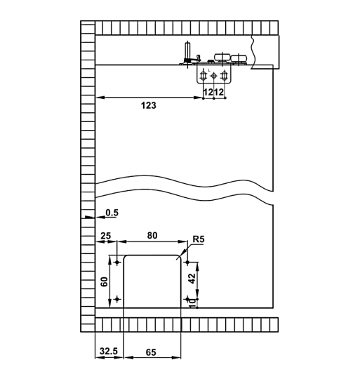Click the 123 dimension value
point(147,105)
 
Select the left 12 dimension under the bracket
point(208,92)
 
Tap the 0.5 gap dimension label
point(112,212)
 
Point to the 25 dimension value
point(106,237)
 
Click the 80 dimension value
point(151,237)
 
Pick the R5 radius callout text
point(198,240)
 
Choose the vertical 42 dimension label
point(192,277)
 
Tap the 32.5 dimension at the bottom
point(108,350)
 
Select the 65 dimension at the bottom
point(152,350)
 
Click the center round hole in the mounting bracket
point(214,75)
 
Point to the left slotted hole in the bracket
point(204,75)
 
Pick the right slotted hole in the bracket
point(225,75)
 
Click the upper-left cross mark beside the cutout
point(117,260)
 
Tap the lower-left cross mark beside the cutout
point(117,300)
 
